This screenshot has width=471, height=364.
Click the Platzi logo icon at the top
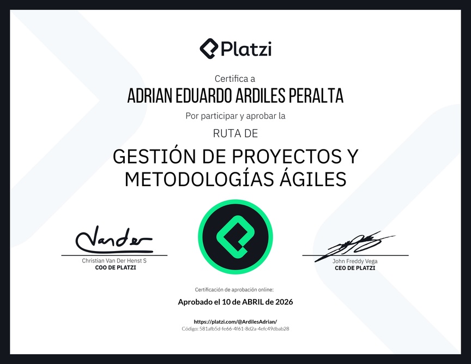pyautogui.click(x=209, y=49)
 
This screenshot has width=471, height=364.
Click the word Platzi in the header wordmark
pyautogui.click(x=246, y=49)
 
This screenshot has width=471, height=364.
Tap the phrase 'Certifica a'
pyautogui.click(x=235, y=79)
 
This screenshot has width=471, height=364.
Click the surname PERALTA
pyautogui.click(x=316, y=96)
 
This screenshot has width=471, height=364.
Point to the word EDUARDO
pyautogui.click(x=204, y=96)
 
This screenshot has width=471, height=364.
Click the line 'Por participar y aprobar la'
pyautogui.click(x=235, y=116)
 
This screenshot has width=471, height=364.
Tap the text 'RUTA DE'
pyautogui.click(x=235, y=133)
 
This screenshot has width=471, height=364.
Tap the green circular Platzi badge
pyautogui.click(x=235, y=237)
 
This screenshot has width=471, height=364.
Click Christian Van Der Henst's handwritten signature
pyautogui.click(x=114, y=240)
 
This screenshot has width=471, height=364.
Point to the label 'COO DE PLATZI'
pyautogui.click(x=116, y=267)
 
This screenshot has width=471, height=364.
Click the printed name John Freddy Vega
pyautogui.click(x=355, y=261)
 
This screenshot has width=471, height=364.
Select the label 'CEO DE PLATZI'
pyautogui.click(x=355, y=268)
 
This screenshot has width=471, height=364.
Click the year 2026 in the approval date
pyautogui.click(x=284, y=302)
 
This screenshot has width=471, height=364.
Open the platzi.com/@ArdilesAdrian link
pyautogui.click(x=235, y=321)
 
